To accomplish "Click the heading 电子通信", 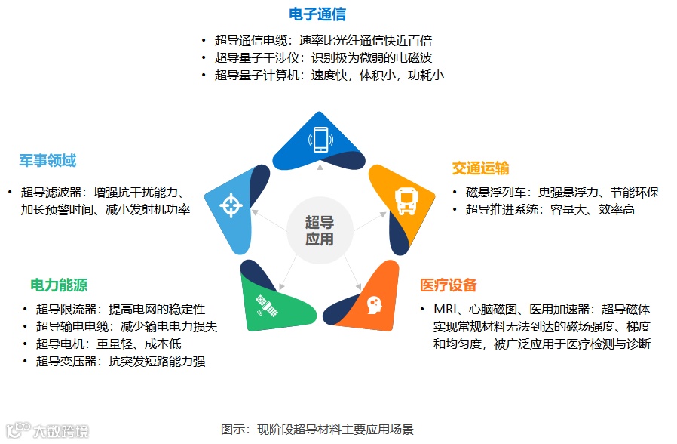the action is coord(317,14).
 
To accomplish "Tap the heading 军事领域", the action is coord(47,161).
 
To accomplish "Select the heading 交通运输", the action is coord(480,168).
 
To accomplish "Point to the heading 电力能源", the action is coord(59,285).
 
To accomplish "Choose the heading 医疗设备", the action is coord(449,285).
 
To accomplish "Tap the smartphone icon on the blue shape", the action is coord(320,140).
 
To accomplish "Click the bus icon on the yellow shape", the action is coord(405,199).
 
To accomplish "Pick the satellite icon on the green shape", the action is coord(265,306).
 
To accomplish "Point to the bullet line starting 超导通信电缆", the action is coord(323,41).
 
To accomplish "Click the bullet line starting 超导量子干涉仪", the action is coord(323,58).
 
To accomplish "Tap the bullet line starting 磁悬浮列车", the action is coord(562,193).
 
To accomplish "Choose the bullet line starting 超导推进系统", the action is coord(550,210).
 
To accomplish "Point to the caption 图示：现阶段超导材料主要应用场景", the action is coord(317,430).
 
